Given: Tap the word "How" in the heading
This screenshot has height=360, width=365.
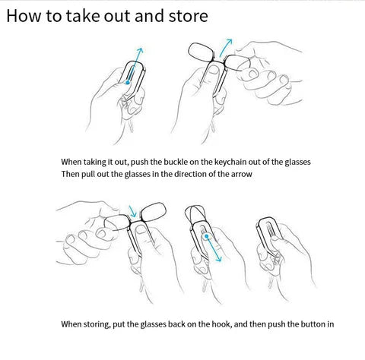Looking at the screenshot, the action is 24,16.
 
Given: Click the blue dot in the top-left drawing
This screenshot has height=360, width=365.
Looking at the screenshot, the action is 128,82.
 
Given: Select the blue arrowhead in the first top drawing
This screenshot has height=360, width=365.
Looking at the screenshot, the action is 140,51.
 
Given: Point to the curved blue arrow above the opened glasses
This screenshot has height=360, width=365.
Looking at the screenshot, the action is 224,47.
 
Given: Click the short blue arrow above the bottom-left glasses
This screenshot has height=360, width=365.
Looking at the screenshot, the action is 132,211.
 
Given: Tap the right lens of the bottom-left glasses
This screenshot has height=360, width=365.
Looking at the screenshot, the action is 154,212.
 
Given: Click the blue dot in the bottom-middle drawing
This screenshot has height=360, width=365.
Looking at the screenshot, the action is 207,236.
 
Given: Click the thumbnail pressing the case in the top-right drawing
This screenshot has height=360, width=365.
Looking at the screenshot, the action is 214,71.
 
